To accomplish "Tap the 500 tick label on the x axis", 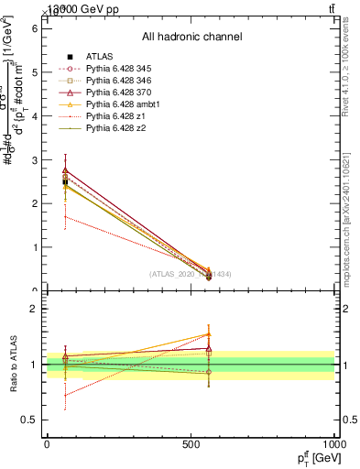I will click(x=191, y=443).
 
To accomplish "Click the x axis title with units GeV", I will click(x=312, y=458).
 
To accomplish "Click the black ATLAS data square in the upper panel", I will click(x=65, y=182).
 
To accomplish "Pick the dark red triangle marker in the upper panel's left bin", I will click(x=65, y=169).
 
